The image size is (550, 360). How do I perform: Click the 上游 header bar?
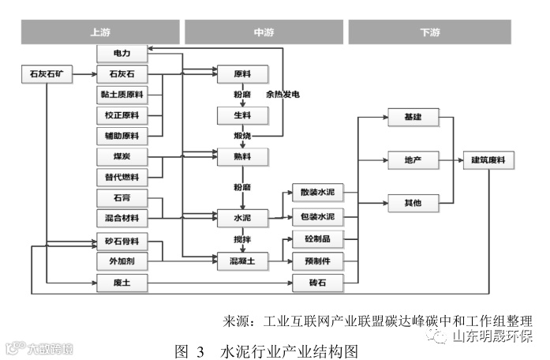(x=100, y=32)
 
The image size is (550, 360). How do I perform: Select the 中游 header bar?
(x=264, y=32)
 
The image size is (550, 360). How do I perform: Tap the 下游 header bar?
(x=431, y=32)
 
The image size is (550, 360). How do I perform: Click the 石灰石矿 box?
(x=47, y=75)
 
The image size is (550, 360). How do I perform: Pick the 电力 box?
(x=122, y=54)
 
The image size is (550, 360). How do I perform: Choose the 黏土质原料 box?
(x=122, y=95)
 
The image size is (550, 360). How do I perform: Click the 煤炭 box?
(x=122, y=156)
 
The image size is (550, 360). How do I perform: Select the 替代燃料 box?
(x=122, y=176)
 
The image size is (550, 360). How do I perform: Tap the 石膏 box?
(x=122, y=196)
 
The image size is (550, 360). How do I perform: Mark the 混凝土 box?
(x=242, y=259)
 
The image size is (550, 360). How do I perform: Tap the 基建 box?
(x=412, y=117)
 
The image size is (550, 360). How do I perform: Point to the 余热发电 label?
(x=283, y=95)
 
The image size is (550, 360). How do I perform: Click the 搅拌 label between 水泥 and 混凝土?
(x=242, y=237)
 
